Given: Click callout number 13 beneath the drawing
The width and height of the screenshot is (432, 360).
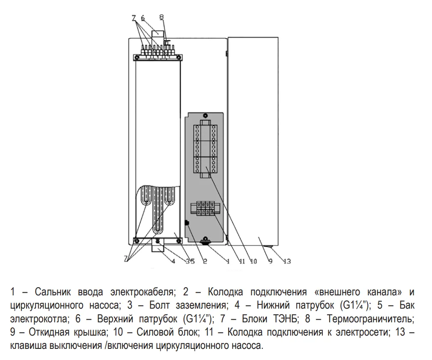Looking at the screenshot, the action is pos(287,261).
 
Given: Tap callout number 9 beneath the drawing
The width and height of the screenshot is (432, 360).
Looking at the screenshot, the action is pos(271,261).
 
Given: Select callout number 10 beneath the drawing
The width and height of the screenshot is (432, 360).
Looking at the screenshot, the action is pos(253,261).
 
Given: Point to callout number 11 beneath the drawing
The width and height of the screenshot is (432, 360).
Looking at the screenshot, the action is pos(242,261).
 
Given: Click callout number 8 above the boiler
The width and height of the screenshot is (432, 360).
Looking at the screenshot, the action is pos(161,18).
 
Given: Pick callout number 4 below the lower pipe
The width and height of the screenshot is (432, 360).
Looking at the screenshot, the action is pos(173,261).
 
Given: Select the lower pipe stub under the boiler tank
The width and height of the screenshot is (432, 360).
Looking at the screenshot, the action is pos(158,247).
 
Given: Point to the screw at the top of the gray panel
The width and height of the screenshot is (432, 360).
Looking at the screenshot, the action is pos(204,116).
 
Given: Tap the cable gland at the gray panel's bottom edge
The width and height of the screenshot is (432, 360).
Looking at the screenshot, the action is pos(205,241).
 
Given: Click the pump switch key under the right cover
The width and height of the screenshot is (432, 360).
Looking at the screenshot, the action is pos(271,247).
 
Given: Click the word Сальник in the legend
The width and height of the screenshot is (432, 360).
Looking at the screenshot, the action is pos(53,292).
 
